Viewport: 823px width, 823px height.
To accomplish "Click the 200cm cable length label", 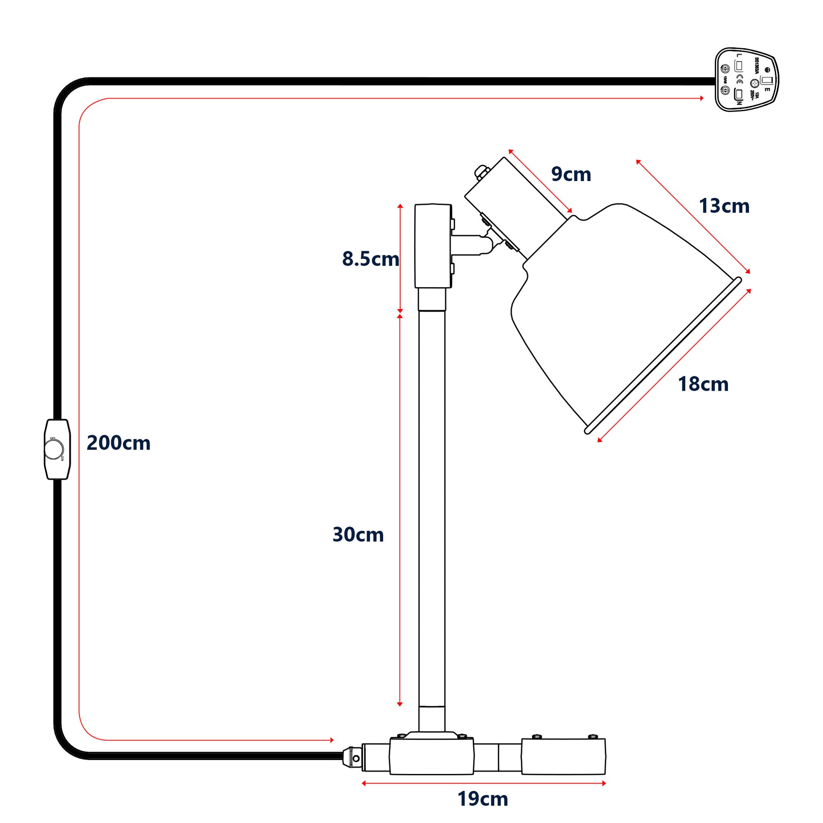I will [118, 443].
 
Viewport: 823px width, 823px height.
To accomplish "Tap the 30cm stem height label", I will [358, 535].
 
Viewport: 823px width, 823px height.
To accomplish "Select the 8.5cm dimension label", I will [370, 259].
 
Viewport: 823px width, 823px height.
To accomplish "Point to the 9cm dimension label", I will [571, 174].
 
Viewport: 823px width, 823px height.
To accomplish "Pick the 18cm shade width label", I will [703, 384].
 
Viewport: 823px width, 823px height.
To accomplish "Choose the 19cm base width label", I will [483, 799].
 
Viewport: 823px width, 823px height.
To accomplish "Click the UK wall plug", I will [746, 80].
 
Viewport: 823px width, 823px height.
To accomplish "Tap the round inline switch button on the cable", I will [54, 450].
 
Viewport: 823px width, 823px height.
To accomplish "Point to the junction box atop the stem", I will [432, 246].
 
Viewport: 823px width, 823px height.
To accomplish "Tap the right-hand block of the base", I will [563, 756].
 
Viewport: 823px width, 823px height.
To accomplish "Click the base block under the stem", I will [431, 756].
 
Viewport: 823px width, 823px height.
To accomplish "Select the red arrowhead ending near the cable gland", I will [332, 741].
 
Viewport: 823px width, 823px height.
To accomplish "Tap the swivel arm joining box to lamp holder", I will [473, 244].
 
